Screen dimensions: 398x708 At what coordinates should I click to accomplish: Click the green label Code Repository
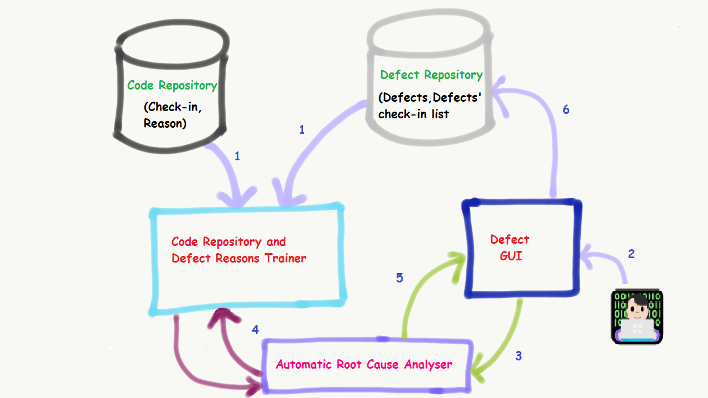[x=172, y=86]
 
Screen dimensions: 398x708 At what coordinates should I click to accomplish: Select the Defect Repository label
[x=431, y=75]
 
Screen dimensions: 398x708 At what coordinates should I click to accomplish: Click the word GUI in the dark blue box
[x=511, y=256]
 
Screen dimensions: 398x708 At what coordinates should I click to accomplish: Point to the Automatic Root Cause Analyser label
[x=364, y=365]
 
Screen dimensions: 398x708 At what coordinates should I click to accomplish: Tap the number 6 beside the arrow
[x=566, y=109]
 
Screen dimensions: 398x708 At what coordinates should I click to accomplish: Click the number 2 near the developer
[x=631, y=254]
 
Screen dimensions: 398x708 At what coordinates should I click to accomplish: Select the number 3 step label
[x=518, y=356]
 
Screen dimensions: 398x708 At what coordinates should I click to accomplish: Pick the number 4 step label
[x=255, y=330]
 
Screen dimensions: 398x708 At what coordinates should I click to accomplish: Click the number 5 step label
[x=399, y=278]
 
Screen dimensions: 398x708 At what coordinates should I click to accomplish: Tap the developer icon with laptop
[x=637, y=316]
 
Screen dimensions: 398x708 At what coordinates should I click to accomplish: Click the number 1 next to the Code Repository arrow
[x=237, y=156]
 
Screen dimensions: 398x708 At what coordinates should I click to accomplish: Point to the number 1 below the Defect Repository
[x=301, y=130]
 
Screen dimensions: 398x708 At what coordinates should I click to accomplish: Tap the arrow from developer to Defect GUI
[x=608, y=263]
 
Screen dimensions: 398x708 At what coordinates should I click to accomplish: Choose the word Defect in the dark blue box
[x=510, y=240]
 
